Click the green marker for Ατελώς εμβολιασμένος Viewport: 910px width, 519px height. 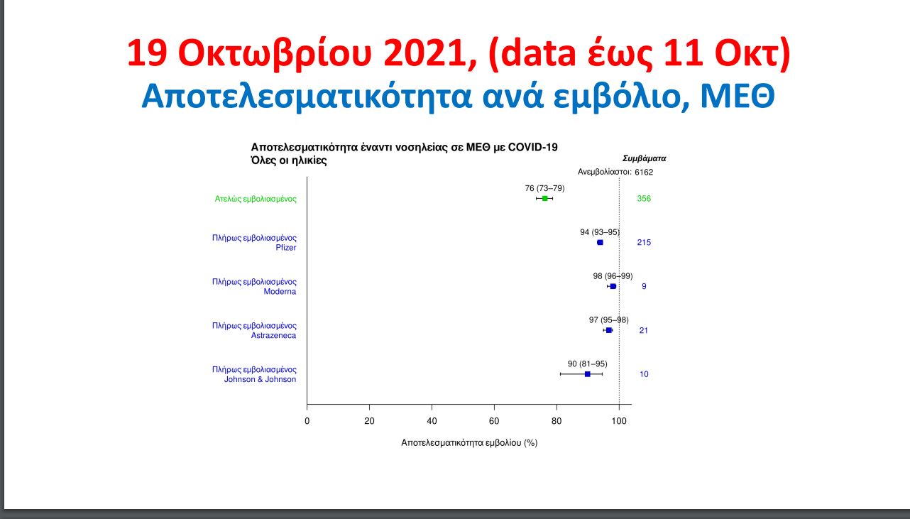tap(544, 198)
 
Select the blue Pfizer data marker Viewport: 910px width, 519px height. tap(600, 243)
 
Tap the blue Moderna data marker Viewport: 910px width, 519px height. tap(613, 286)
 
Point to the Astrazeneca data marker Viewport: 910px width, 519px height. tap(608, 330)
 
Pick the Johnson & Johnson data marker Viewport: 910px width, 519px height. tap(587, 374)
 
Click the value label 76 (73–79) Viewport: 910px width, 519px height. tap(544, 188)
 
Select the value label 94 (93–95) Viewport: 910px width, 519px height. tap(600, 232)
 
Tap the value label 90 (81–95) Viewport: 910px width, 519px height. tap(587, 364)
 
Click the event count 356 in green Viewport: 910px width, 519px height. tap(644, 199)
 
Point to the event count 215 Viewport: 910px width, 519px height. tap(644, 243)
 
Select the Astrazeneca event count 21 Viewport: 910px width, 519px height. tap(644, 331)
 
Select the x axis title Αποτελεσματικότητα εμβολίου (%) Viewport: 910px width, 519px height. tap(469, 443)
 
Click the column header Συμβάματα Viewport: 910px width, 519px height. tap(644, 159)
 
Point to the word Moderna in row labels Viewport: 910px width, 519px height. tap(280, 292)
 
